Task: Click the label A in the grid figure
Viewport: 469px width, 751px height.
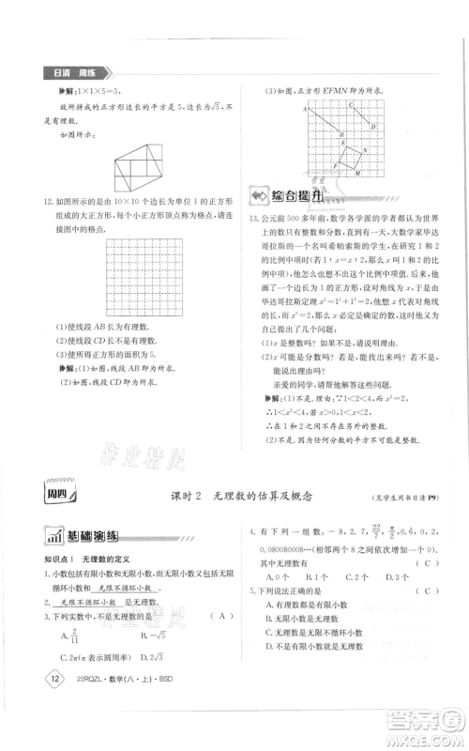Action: coord(307,110)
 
